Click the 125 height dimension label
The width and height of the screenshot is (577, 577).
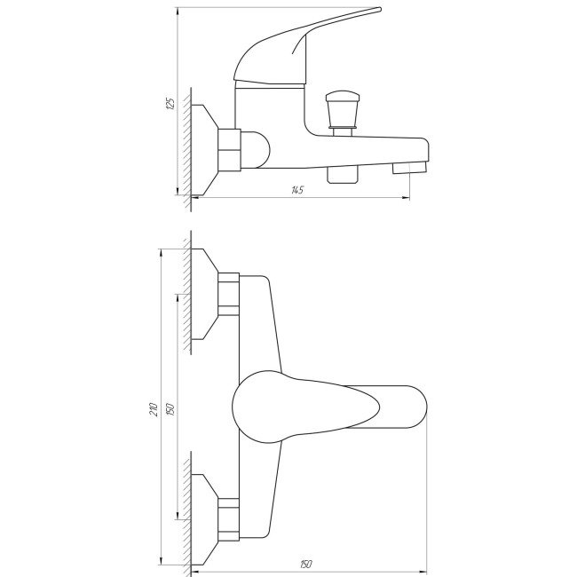click(170, 103)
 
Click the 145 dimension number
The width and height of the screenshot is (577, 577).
click(297, 190)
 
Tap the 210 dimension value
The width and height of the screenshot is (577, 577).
click(154, 409)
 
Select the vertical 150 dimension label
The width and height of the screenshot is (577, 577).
click(170, 409)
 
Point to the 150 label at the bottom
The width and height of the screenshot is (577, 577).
click(305, 564)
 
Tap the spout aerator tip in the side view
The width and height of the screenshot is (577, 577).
click(409, 168)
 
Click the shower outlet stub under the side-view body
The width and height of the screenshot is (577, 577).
click(343, 175)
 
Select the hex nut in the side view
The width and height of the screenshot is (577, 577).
click(229, 150)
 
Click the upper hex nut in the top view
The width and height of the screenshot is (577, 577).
click(228, 295)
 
